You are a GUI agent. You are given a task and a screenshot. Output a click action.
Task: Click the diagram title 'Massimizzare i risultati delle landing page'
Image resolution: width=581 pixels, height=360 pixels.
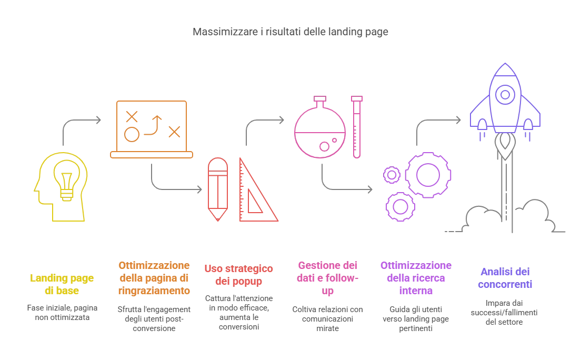coord(290,32)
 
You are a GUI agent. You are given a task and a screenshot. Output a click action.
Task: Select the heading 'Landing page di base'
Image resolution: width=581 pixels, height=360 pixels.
coord(62,284)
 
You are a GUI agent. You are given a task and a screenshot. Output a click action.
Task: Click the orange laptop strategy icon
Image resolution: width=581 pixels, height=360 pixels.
coord(152,129)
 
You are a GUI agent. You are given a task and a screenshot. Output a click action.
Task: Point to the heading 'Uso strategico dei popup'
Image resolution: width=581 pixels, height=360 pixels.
coord(238,275)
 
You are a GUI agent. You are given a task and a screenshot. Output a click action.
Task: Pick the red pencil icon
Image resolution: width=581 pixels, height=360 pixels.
coord(218,189)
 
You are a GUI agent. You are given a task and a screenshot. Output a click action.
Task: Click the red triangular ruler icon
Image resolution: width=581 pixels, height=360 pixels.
coord(258,190)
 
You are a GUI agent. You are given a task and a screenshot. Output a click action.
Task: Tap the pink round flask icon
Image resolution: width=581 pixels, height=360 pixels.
coord(320,127)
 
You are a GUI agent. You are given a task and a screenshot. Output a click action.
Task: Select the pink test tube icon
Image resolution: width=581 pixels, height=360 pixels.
coord(357,127)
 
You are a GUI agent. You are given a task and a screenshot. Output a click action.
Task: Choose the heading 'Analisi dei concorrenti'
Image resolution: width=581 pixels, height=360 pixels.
coord(505,278)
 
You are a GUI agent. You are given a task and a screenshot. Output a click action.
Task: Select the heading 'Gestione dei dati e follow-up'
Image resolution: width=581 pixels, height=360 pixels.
coord(327,278)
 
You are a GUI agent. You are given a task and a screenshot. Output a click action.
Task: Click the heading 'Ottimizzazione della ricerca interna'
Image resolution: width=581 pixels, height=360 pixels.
coord(416,278)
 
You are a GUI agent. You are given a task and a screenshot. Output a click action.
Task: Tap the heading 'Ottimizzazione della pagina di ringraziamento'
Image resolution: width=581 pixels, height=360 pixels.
coord(154,278)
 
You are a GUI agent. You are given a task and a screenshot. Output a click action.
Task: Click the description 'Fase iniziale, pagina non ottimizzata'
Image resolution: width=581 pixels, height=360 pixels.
coord(62,313)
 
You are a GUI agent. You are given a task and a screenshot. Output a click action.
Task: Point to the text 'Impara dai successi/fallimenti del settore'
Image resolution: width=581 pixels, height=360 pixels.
coord(504,313)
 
